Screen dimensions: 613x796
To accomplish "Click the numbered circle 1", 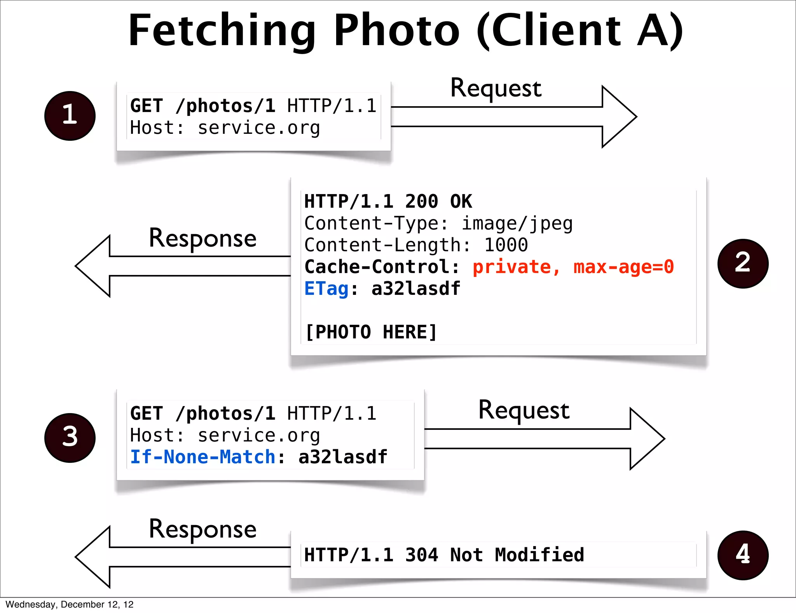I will click(70, 116).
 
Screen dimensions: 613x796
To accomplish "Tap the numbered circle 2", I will click(743, 263).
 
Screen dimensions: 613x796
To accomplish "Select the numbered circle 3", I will click(70, 438).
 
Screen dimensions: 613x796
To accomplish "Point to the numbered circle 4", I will click(743, 555).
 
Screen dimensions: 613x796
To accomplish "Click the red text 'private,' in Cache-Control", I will click(516, 267).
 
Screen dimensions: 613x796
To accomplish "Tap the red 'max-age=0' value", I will click(623, 267).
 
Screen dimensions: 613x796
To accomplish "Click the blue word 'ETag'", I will click(326, 289).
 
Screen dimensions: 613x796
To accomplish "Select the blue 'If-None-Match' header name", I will click(202, 457).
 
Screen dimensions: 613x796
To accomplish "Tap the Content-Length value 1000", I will click(506, 245).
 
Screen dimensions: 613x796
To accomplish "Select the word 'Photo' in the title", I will click(396, 30).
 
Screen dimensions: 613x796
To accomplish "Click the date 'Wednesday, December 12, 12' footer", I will click(70, 604).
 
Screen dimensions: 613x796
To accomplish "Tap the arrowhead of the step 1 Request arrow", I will click(619, 117).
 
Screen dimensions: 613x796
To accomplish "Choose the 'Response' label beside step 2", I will click(202, 238).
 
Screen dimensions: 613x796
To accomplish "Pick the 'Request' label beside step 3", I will click(524, 410).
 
